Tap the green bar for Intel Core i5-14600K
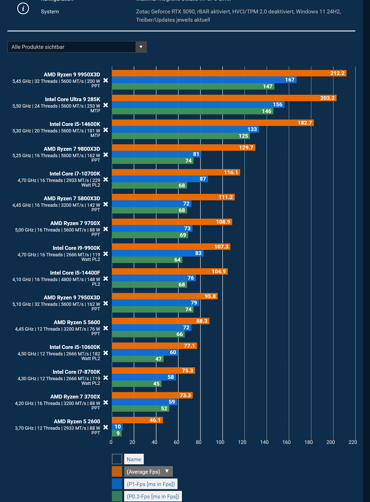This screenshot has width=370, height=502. coord(180,136)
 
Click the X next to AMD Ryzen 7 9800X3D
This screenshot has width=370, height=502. coord(106,155)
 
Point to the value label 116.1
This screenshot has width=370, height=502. coord(231,172)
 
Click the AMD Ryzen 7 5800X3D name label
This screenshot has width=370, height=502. coord(72,198)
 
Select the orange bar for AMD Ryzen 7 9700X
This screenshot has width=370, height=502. coord(172,222)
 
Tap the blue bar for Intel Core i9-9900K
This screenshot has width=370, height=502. coord(157,253)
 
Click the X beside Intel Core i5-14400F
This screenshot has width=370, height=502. coord(106,279)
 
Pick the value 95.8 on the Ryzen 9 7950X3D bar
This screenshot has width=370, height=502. coord(210,296)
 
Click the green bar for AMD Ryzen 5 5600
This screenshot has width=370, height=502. coord(148,334)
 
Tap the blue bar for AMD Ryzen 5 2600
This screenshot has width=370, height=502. coord(117,427)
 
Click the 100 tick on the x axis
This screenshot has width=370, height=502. coord(220,442)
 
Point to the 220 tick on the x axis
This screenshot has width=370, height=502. coord(353,442)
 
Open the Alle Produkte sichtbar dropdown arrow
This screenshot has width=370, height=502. coord(141,47)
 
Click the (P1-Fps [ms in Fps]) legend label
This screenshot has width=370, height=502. coord(151,484)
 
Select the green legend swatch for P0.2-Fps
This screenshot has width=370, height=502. coord(117,496)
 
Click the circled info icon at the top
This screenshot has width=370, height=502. coord(23,9)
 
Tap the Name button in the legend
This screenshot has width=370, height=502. coord(134,459)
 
